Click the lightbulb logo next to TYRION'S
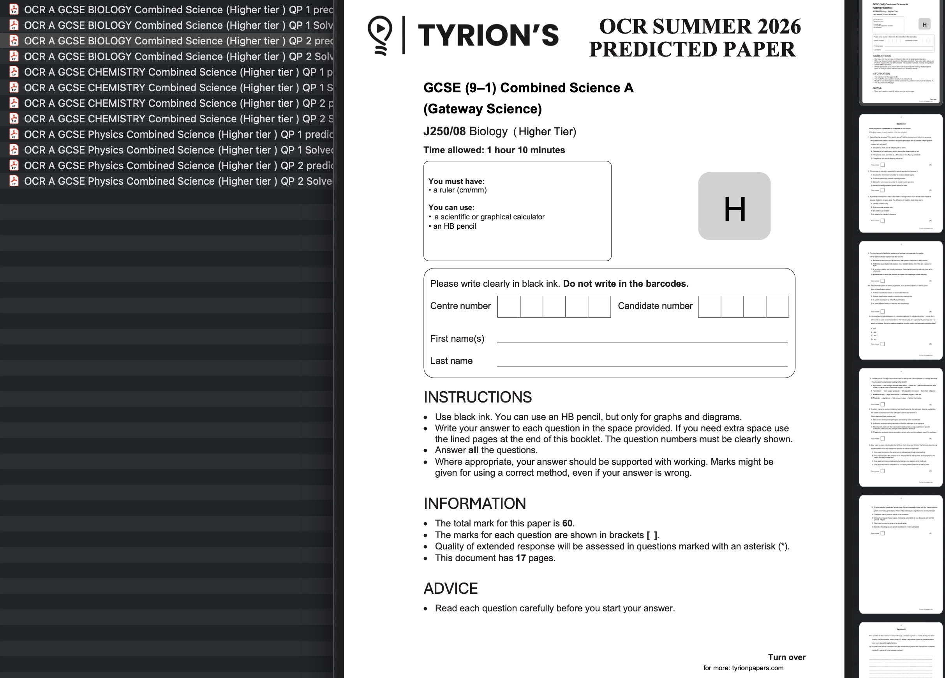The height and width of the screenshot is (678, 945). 379,35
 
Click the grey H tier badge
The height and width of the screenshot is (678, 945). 734,206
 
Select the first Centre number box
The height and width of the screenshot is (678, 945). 508,307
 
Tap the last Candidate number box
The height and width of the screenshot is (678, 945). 777,307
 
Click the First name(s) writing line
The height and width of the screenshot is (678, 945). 642,339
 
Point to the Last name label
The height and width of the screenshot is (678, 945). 451,361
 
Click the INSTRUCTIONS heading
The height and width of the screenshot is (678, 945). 478,397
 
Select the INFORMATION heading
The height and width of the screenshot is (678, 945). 474,503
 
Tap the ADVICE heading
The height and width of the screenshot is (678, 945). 450,588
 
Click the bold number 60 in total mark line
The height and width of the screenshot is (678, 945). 567,523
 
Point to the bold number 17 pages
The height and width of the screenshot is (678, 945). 520,558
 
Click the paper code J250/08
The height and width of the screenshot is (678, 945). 444,131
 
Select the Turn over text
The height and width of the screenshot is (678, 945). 786,657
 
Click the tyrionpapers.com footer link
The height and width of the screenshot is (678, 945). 757,668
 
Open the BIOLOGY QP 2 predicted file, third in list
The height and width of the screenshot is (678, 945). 178,41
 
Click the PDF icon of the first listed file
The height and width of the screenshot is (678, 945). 14,9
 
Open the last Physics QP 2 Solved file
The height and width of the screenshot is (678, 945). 178,181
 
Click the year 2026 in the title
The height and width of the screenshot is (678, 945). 773,26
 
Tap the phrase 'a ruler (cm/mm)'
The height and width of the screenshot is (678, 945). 460,190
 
